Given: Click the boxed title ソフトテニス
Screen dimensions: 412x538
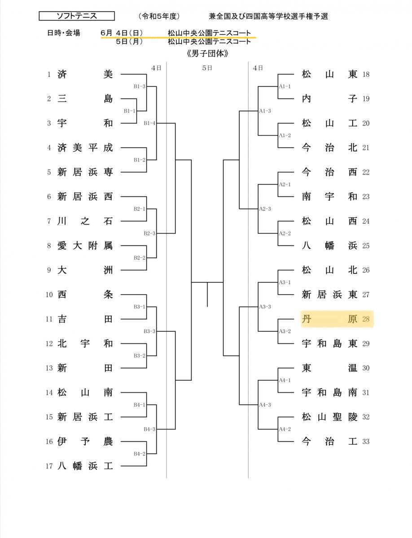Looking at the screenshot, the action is (77, 16).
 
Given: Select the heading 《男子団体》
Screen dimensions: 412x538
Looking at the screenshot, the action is (207, 53).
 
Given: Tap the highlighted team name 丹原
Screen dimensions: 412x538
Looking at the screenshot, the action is (329, 319).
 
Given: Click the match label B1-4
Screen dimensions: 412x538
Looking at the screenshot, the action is (149, 123).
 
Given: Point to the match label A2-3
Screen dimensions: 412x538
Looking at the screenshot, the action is (265, 209).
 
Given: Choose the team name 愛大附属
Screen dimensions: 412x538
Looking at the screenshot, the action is (85, 246).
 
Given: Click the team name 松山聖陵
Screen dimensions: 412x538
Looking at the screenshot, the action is (329, 417).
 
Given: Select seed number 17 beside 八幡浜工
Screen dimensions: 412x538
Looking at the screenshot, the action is (49, 466).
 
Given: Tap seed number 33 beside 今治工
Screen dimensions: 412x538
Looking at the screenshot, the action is (366, 442).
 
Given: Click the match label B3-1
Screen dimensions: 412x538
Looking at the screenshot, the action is (140, 307).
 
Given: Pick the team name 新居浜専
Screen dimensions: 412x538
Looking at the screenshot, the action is (85, 172).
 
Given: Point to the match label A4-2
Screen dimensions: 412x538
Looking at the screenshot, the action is (285, 429).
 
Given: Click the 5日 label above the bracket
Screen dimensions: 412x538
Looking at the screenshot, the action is (207, 68).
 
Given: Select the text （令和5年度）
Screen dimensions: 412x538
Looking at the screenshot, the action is (159, 17).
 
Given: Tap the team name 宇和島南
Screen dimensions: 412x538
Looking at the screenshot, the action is (329, 393).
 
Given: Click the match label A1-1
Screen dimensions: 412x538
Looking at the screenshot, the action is (285, 86).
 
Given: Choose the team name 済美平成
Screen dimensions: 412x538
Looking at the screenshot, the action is (85, 148).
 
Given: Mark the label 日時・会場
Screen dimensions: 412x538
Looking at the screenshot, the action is (64, 33).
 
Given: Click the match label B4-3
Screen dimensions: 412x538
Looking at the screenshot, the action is (149, 429).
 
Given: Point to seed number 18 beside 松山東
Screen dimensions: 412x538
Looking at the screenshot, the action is (366, 74).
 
